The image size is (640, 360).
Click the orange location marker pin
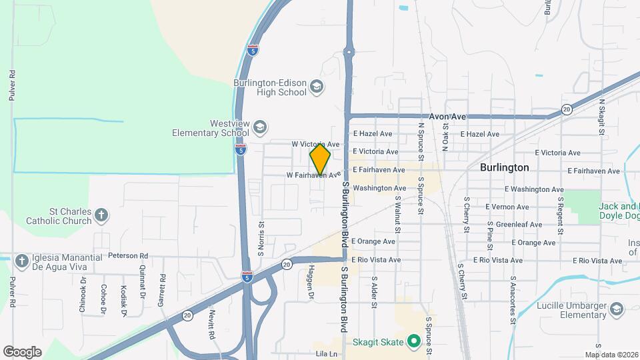point(320,160)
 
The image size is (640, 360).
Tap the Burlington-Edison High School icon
point(317,87)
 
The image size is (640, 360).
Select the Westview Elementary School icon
point(260,127)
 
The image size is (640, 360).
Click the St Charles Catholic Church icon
point(101,215)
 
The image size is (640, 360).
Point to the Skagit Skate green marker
point(413,342)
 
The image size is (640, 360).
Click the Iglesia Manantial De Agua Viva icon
point(21,261)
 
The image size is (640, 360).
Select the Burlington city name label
point(504,167)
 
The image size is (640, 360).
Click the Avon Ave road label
point(447,116)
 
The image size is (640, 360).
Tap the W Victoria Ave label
point(316,144)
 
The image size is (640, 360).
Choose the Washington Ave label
point(379,188)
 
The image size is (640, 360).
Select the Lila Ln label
point(327,353)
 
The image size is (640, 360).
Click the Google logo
point(22,352)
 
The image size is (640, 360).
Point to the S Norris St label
point(262,239)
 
